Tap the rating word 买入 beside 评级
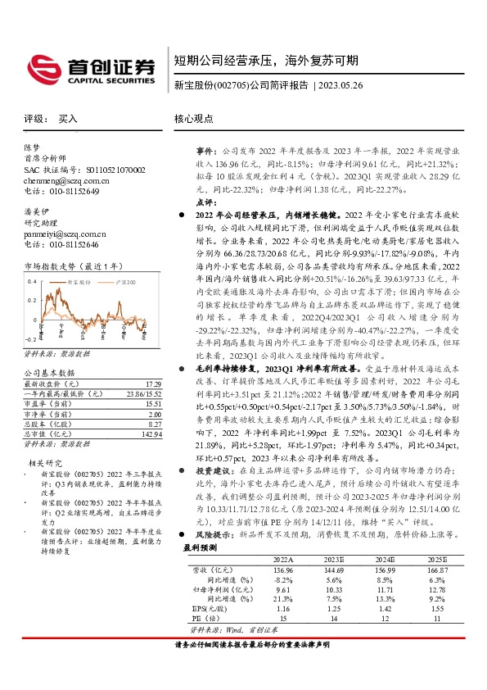[68, 119]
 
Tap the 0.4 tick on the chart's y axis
[31, 281]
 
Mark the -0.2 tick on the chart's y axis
[30, 338]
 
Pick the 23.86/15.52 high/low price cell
[142, 394]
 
